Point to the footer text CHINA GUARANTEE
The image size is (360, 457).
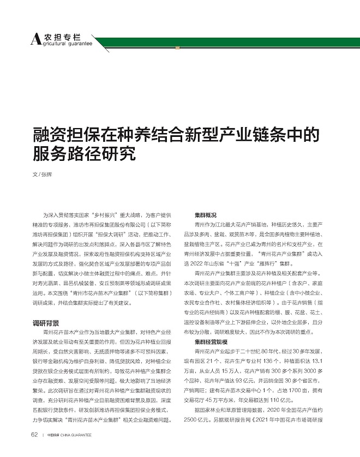(76, 450)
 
